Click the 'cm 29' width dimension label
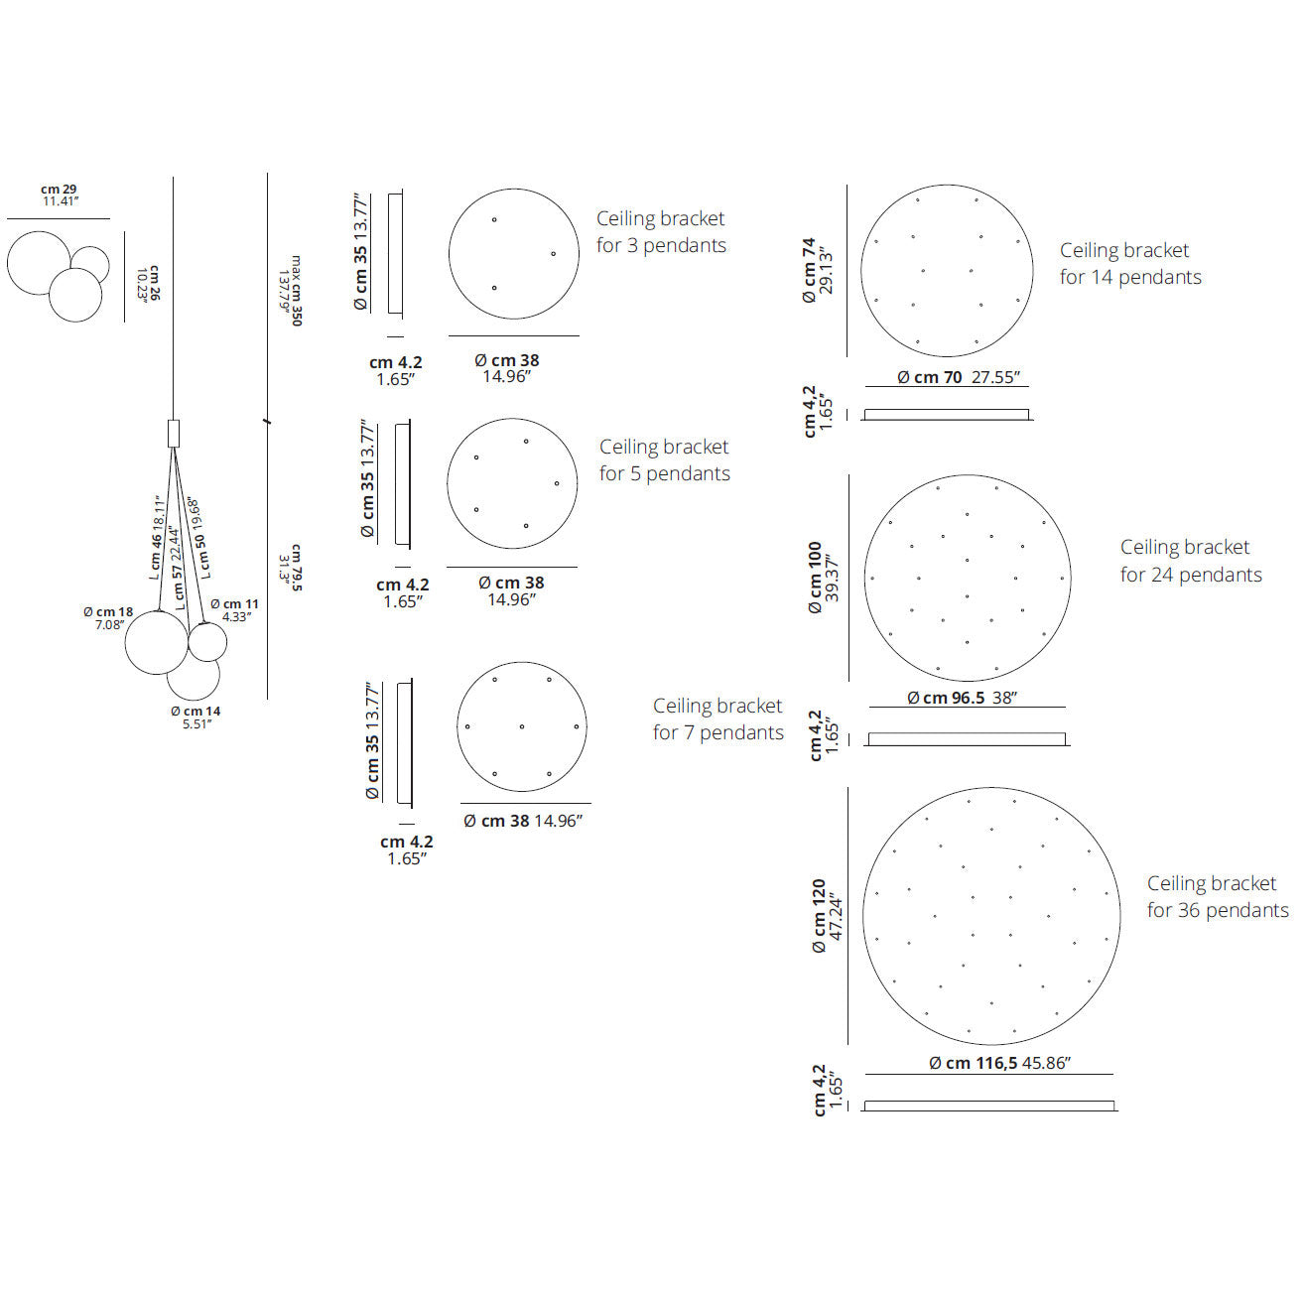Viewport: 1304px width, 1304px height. pyautogui.click(x=59, y=190)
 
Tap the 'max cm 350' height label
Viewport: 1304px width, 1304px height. pyautogui.click(x=297, y=291)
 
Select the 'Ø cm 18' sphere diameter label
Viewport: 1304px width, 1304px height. pyautogui.click(x=108, y=611)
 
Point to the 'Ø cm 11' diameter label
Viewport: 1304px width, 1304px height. pyautogui.click(x=234, y=603)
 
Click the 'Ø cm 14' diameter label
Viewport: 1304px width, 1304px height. pyautogui.click(x=196, y=712)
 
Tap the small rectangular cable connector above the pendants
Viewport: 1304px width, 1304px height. pyautogui.click(x=174, y=434)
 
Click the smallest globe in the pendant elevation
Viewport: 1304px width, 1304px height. pyautogui.click(x=207, y=641)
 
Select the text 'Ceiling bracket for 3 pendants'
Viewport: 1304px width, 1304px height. pyautogui.click(x=661, y=231)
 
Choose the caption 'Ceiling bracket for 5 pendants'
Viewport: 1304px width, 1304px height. pyautogui.click(x=665, y=459)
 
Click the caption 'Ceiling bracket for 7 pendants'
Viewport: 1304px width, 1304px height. pyautogui.click(x=717, y=718)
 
